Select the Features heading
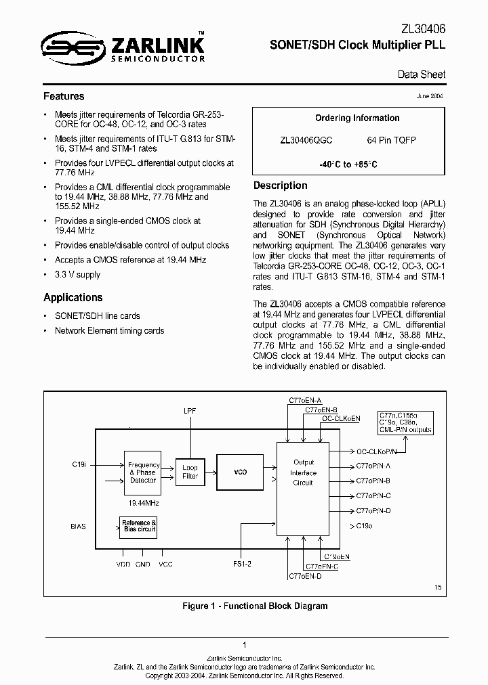click(64, 96)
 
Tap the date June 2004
click(430, 97)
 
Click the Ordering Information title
click(357, 118)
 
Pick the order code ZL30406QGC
click(306, 140)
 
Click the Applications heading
click(73, 297)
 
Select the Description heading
click(280, 185)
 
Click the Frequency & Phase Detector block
click(143, 472)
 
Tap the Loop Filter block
click(190, 472)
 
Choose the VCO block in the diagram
click(239, 472)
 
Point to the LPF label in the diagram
click(190, 412)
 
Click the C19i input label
click(79, 465)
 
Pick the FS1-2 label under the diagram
click(242, 564)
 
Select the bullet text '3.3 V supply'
click(77, 275)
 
